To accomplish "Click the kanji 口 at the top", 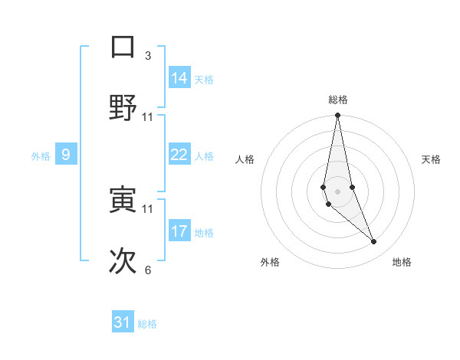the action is pyautogui.click(x=123, y=47).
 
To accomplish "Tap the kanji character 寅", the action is pyautogui.click(x=123, y=200).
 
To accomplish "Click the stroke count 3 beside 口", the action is pyautogui.click(x=148, y=55).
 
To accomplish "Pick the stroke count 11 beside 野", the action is pyautogui.click(x=148, y=116).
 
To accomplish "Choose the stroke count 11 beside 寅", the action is pyautogui.click(x=148, y=208).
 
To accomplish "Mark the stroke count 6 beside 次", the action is pyautogui.click(x=148, y=270).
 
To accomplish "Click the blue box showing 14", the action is pyautogui.click(x=179, y=78).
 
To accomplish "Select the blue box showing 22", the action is pyautogui.click(x=179, y=155).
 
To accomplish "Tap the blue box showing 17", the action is pyautogui.click(x=179, y=231).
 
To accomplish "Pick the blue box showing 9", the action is pyautogui.click(x=66, y=155).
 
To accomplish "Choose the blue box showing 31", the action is pyautogui.click(x=123, y=322).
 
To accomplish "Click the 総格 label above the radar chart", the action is pyautogui.click(x=338, y=100).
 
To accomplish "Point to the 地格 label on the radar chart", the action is pyautogui.click(x=402, y=262).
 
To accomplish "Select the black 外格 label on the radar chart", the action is pyautogui.click(x=270, y=262).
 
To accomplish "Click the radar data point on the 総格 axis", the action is pyautogui.click(x=337, y=116).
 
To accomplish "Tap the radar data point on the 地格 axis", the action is pyautogui.click(x=374, y=242).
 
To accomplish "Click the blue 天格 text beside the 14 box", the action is pyautogui.click(x=204, y=80).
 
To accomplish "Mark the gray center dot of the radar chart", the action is pyautogui.click(x=337, y=191).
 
